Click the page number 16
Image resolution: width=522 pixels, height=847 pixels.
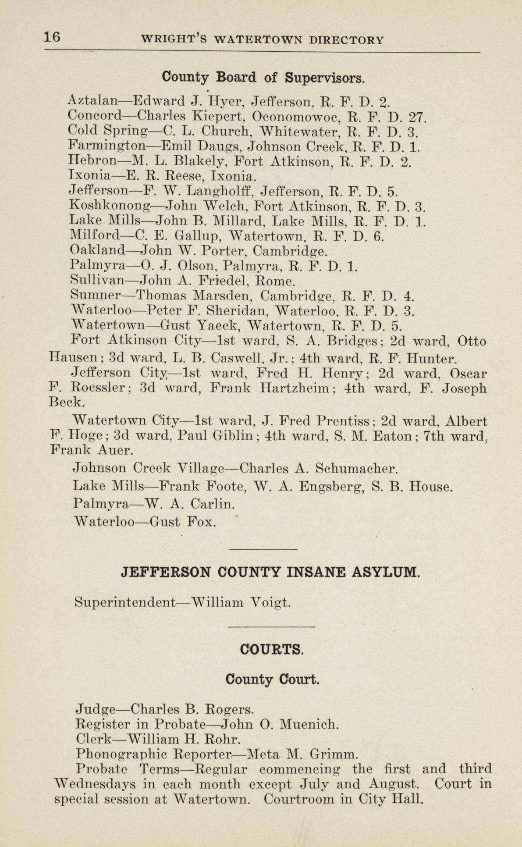point(52,38)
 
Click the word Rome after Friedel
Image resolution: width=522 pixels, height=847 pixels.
point(275,281)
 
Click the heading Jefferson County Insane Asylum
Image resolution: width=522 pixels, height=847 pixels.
point(270,572)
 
